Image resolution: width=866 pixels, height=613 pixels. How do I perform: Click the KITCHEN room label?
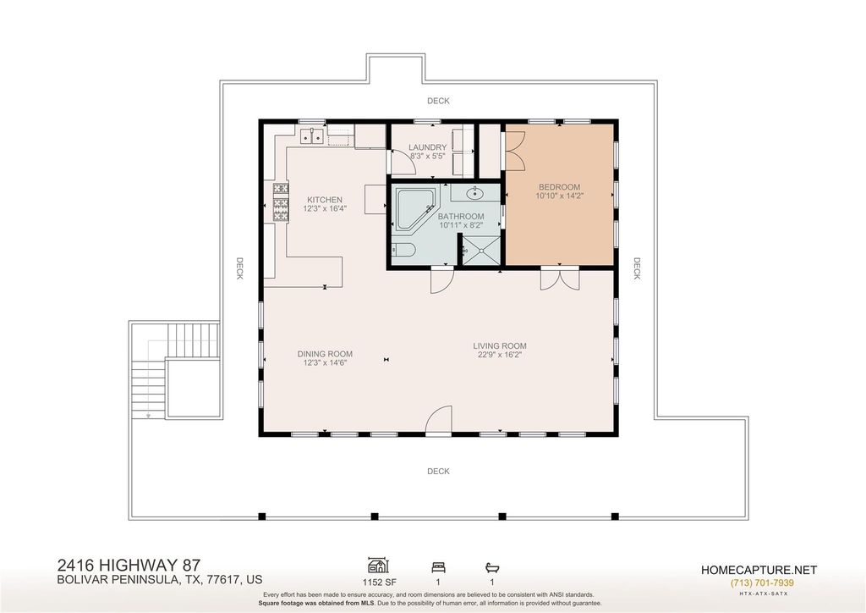[325, 200]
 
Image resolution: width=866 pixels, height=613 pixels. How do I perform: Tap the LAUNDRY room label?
[427, 147]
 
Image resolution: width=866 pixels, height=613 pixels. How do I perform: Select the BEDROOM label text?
[560, 187]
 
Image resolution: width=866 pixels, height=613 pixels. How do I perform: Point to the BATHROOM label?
[461, 217]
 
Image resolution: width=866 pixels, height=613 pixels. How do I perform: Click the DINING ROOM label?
[325, 354]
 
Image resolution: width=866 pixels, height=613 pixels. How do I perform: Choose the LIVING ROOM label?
[500, 346]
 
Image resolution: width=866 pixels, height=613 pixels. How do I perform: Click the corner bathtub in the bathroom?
[415, 209]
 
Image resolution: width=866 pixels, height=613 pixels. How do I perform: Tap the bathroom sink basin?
[474, 193]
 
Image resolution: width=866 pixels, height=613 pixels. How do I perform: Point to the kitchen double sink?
[313, 135]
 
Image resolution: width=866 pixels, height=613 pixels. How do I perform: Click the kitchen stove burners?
[281, 202]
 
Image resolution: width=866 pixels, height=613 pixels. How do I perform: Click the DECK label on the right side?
[636, 268]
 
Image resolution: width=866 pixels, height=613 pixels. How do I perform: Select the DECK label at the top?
[438, 101]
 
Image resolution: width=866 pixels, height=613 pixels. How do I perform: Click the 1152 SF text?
[380, 582]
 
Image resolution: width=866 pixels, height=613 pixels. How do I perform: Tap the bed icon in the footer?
[439, 566]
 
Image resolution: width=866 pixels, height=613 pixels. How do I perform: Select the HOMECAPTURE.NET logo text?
[759, 570]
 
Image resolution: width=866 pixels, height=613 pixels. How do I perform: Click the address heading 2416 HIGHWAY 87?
[129, 566]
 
